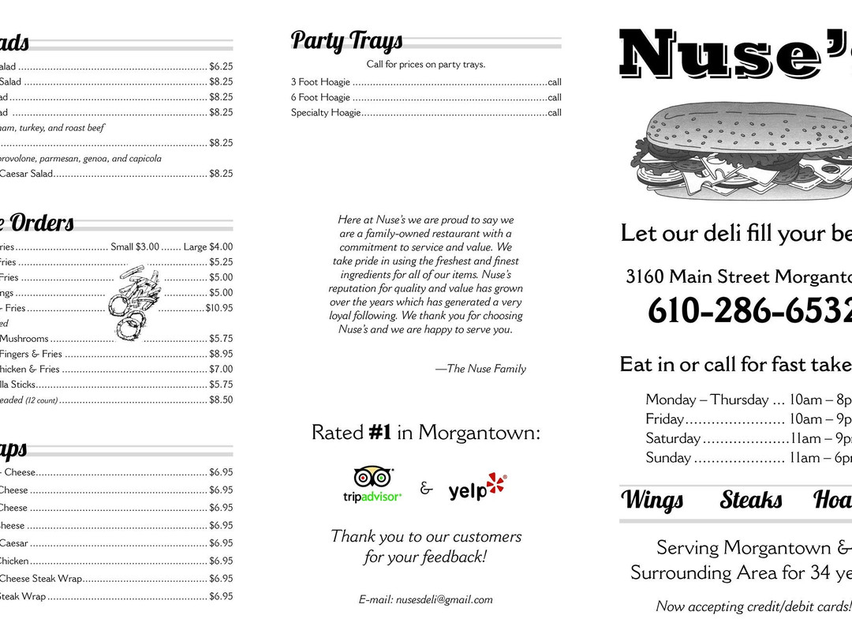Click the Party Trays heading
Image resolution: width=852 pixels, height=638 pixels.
coord(346,40)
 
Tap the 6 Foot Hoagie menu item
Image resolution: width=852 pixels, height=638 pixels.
coord(320,97)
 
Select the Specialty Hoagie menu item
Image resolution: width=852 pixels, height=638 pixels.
coord(326,113)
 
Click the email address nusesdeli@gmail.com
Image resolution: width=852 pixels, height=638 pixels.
coord(426,600)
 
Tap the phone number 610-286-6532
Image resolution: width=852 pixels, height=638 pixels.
coord(749,310)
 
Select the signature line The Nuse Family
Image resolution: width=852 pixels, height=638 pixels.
coord(480,369)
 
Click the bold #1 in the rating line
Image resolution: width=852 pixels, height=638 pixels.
coord(380,433)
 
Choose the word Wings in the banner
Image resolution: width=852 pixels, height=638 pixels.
coord(652,500)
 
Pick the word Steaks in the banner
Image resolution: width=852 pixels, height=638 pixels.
coord(751,500)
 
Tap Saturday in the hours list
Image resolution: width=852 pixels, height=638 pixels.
coord(673,438)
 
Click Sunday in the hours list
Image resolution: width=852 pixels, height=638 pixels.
coord(668,458)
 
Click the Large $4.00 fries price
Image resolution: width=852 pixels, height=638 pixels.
coord(208,247)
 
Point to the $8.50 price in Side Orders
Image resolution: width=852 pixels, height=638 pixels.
coord(221,400)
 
